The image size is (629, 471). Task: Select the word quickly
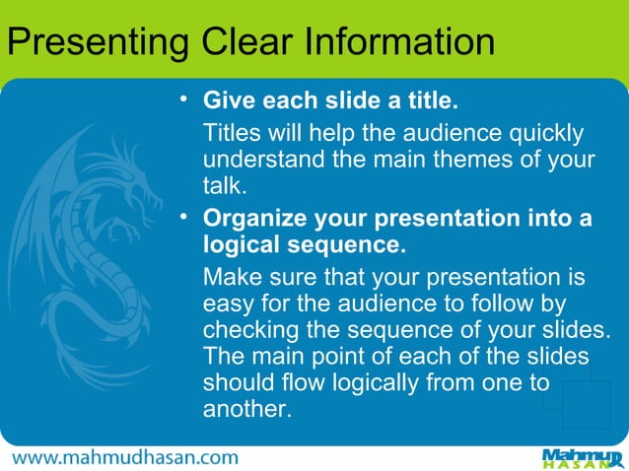point(542,132)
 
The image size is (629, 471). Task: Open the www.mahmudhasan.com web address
point(125,457)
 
